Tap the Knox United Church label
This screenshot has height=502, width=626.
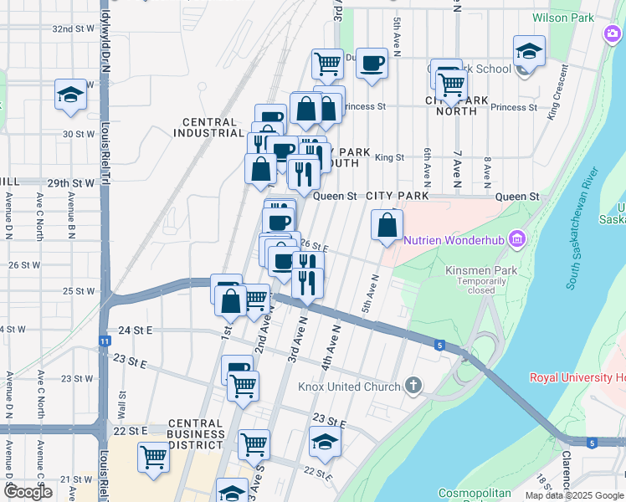point(350,387)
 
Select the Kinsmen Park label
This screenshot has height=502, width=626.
point(475,270)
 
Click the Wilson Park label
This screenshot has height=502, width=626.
point(563,18)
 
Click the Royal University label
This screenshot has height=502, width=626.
point(577,377)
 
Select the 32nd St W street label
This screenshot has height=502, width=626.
point(74,28)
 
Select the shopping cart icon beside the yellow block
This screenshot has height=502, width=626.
point(154,458)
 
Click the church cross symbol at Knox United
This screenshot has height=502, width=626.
point(412,387)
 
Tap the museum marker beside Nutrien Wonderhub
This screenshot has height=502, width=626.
point(517,240)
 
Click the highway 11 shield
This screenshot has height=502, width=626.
point(104,341)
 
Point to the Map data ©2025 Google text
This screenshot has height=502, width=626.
point(573,495)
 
